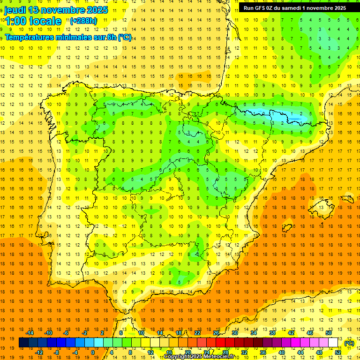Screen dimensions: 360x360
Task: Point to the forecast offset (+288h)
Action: [83, 21]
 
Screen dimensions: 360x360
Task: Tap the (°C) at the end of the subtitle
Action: [125, 37]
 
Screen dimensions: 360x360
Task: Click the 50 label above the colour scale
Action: [328, 333]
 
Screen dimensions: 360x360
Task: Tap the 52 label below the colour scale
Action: [338, 352]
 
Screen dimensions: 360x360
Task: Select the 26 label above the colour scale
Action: [216, 333]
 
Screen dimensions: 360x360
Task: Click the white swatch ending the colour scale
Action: [333, 343]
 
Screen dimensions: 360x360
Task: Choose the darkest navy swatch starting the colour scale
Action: [23, 343]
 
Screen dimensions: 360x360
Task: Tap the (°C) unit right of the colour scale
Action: [349, 343]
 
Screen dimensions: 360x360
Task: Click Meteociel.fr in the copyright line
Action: [220, 357]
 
